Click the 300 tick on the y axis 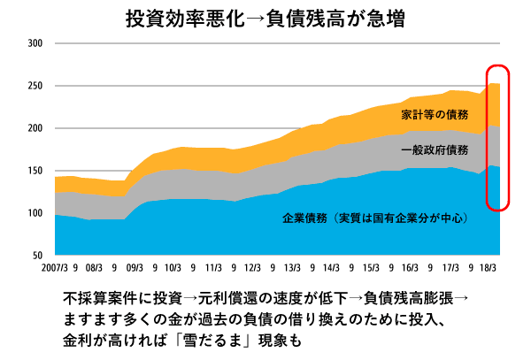coord(35,43)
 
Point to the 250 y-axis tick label coord(35,86)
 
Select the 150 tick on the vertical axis coord(35,171)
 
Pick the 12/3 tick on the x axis coord(252,266)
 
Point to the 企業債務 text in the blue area coord(305,218)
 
